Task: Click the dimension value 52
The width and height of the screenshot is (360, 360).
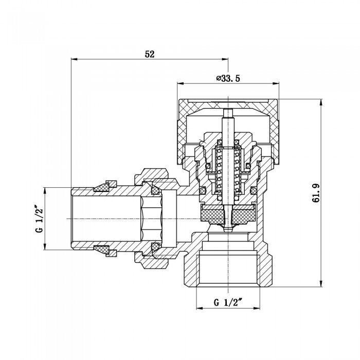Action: [x=150, y=54]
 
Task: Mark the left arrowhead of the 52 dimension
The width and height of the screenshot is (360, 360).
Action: [x=73, y=60]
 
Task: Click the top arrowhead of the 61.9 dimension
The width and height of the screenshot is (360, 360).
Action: [x=321, y=99]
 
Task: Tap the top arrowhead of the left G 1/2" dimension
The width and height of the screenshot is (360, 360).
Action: [x=45, y=189]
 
